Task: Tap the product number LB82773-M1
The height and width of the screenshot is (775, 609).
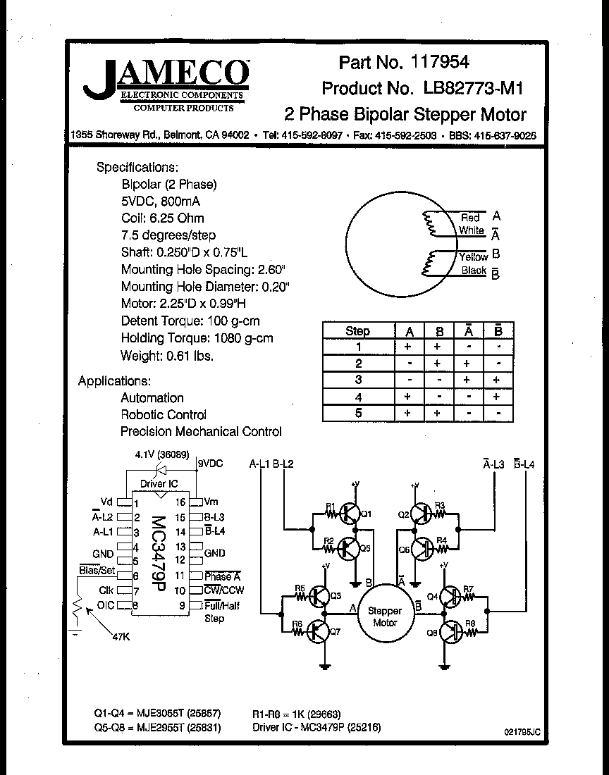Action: pos(473,89)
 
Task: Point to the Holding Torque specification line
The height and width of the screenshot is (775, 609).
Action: pos(197,338)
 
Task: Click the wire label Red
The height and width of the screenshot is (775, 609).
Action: pos(469,218)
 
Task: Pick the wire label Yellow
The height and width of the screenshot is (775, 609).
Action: pos(473,256)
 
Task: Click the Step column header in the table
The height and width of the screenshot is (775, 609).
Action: pos(357,331)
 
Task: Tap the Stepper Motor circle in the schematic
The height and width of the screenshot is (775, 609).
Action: pos(384,616)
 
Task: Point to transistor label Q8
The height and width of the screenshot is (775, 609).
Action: pos(431,633)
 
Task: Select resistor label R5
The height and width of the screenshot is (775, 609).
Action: pos(299,588)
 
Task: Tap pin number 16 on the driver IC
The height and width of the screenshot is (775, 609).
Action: pos(180,502)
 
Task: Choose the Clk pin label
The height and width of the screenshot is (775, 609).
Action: pos(106,590)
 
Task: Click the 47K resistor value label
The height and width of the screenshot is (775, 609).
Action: pos(121,637)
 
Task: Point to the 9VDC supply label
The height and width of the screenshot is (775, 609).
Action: pos(209,464)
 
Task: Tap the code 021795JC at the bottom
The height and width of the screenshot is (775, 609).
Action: pos(522,733)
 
